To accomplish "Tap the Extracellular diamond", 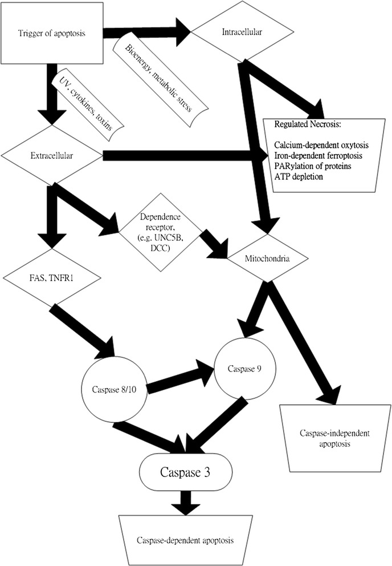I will coord(52,154).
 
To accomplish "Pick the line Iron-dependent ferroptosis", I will coord(322,155).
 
